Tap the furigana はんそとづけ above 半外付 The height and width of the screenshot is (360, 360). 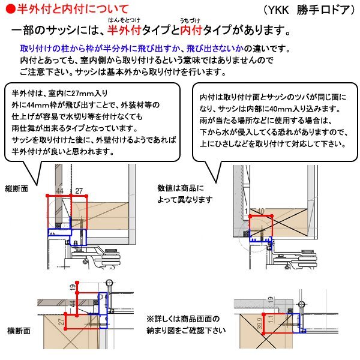point(123,20)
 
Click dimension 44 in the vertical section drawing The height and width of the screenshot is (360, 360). point(59,191)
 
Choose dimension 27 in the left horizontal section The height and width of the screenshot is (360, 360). point(61,323)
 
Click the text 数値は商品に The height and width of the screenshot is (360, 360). point(181,187)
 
